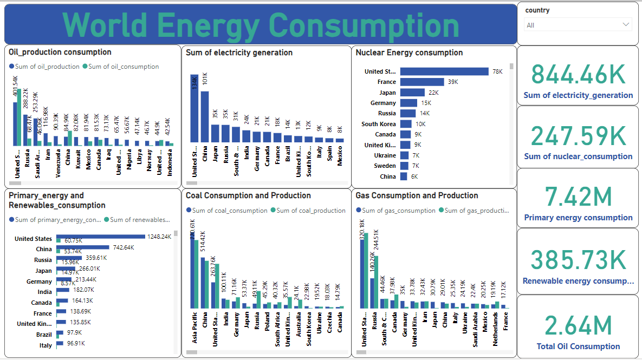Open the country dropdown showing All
[x=578, y=25]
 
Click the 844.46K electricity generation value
[x=578, y=74]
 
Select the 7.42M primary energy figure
[x=578, y=197]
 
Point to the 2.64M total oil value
[x=578, y=326]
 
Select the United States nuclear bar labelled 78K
[x=444, y=71]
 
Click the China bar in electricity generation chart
[x=205, y=116]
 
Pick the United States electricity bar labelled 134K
[x=194, y=108]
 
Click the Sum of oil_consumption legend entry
[x=120, y=67]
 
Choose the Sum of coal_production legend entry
[x=308, y=211]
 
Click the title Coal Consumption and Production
[x=248, y=195]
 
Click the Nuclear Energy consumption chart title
[x=409, y=53]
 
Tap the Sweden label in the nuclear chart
[x=386, y=166]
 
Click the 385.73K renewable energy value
[x=578, y=260]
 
